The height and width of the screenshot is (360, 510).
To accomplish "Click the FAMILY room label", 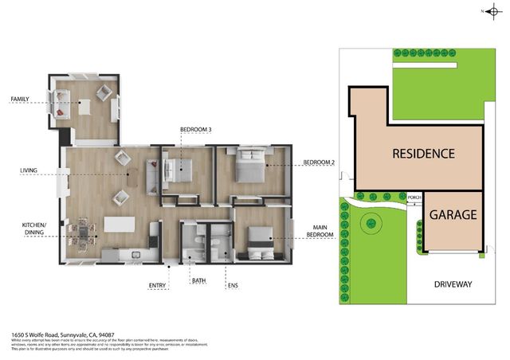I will point(20,100).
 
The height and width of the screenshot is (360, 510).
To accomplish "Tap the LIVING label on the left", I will point(29,170).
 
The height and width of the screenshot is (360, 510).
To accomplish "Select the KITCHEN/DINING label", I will point(34,229).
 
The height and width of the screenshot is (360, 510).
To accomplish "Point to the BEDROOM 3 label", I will point(195,129).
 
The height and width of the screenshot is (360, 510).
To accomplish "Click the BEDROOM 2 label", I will point(318,163).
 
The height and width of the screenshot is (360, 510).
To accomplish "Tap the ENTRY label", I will point(158,284).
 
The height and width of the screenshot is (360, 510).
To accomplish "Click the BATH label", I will point(198,281).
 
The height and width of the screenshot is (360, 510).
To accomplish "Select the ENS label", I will point(233,284).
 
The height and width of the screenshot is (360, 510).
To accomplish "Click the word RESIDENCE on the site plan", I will point(422,154).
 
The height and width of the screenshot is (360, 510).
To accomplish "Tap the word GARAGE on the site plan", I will point(453,215).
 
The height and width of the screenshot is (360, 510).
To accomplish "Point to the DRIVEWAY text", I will point(454,284).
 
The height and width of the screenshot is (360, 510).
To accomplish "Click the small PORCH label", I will point(414,198).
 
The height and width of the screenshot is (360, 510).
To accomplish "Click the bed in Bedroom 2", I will point(249,168).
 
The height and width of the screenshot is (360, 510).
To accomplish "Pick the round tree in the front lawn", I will point(371,225).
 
